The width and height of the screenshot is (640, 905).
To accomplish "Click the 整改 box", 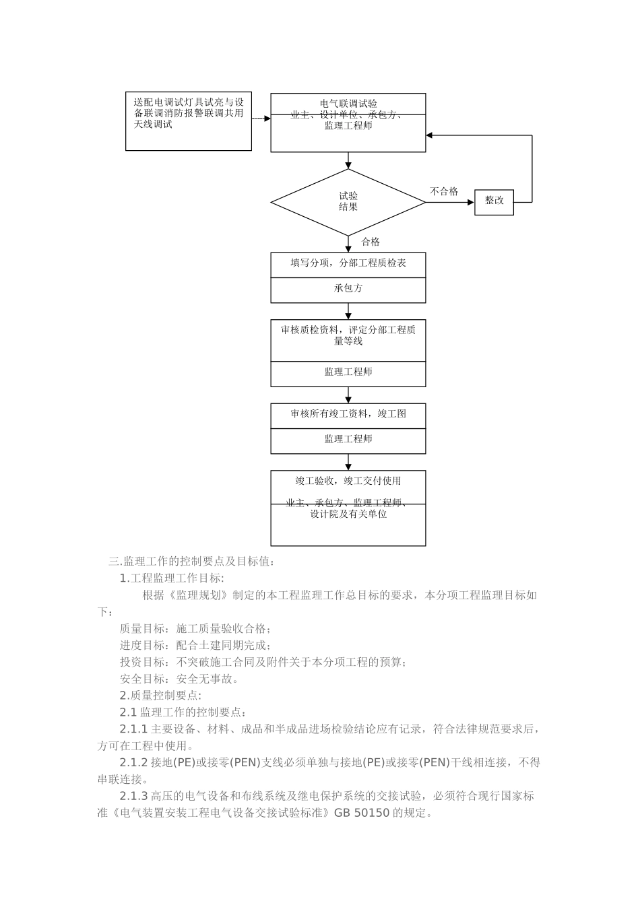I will (494, 201).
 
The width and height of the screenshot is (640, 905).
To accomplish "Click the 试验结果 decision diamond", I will (348, 201).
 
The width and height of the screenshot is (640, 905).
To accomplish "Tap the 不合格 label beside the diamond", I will (444, 192).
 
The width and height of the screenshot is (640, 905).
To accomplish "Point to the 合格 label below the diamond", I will (371, 242).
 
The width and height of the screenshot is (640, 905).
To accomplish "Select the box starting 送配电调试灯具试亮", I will (189, 121).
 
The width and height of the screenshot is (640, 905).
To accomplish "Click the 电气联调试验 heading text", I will (348, 104).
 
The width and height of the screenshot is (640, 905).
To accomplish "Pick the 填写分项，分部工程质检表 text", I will (348, 263).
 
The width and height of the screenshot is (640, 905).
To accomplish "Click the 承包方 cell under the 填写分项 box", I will (348, 288).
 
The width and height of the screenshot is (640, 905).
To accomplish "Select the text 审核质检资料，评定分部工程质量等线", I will (348, 335).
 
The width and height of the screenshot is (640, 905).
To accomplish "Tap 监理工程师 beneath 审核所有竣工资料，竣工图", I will (348, 439).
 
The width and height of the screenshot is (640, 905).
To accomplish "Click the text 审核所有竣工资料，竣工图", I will (348, 413).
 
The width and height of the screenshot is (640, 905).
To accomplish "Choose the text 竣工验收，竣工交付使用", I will (348, 481).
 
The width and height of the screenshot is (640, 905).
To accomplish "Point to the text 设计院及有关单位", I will (348, 514).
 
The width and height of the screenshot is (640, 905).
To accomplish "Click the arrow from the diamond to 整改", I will (450, 201).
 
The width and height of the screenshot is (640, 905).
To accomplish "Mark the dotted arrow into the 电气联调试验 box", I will (261, 119).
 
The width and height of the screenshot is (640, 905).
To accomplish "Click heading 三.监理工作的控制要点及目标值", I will (192, 561).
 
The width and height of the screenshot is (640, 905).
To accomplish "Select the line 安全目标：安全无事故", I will (179, 679).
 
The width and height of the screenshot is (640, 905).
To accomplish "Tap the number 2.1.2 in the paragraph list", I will (133, 763).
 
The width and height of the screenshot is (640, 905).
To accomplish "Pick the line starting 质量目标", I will (195, 629).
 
